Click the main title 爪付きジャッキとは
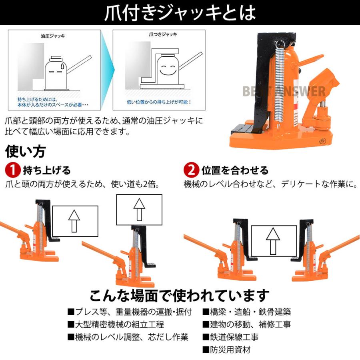click(180, 13)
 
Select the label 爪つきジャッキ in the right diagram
click(159, 35)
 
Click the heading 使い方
click(25, 152)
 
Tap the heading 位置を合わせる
click(235, 170)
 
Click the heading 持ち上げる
click(47, 170)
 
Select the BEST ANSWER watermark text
click(284, 91)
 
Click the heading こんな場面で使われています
click(179, 296)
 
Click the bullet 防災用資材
click(226, 350)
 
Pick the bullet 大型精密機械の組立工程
click(116, 324)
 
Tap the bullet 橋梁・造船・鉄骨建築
click(246, 312)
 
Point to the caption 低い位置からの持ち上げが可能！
click(159, 102)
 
